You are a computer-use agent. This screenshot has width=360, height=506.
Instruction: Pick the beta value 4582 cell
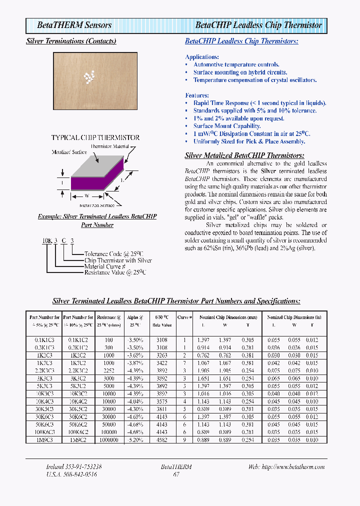[x=161, y=439]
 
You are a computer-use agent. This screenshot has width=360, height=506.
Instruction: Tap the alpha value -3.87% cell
[x=135, y=362]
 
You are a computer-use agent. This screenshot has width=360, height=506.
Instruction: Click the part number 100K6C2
[x=78, y=431]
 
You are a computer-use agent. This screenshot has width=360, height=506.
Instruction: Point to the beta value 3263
[x=161, y=355]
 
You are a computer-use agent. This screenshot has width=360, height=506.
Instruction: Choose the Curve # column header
[x=184, y=317]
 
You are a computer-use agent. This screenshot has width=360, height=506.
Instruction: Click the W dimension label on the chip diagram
[x=86, y=195]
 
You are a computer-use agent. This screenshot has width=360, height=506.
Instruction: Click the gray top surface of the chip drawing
[x=98, y=165]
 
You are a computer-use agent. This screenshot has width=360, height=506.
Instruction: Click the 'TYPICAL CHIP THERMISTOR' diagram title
[x=95, y=137]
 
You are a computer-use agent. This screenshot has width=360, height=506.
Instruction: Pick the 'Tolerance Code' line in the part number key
[x=114, y=254]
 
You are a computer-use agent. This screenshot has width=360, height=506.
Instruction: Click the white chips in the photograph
[x=89, y=76]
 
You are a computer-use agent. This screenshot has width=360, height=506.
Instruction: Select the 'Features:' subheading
[x=197, y=95]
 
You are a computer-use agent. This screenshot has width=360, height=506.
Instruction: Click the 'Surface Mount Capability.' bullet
[x=227, y=126]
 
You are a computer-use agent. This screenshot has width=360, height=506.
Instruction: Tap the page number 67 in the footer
[x=176, y=474]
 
